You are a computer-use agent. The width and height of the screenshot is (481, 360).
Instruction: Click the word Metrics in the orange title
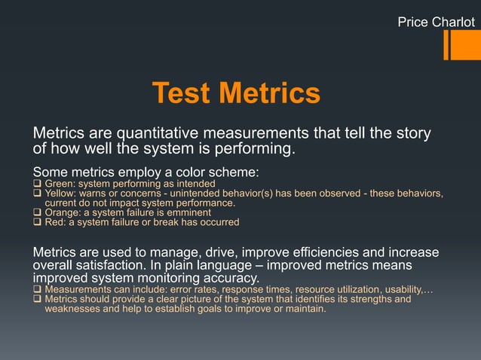268,94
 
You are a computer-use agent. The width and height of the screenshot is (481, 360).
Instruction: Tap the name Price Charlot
436,23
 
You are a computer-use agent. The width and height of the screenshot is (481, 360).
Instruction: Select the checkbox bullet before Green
37,184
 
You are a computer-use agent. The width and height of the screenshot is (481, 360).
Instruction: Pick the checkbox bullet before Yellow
37,194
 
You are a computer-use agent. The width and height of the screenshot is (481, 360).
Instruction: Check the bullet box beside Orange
37,212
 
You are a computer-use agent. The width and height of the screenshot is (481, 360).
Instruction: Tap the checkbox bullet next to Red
37,222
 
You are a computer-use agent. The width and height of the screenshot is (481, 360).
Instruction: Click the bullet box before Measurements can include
37,289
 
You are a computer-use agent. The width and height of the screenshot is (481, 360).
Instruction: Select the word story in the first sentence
413,134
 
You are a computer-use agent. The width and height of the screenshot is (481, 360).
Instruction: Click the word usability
400,289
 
